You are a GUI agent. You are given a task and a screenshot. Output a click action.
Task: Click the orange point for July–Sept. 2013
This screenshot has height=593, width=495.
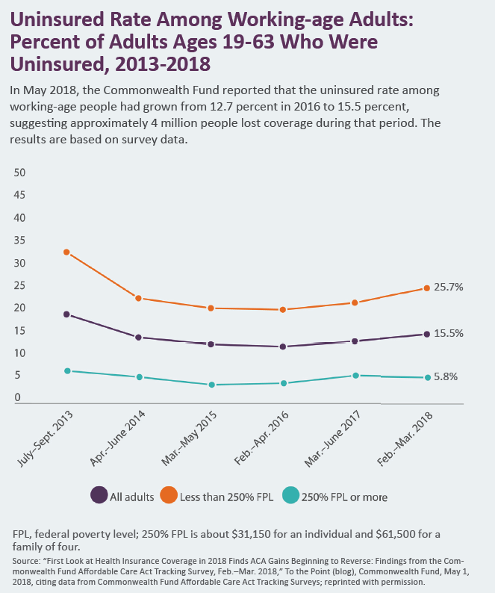[67, 252]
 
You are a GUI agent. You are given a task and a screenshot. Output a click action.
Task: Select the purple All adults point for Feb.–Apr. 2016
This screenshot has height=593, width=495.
[283, 347]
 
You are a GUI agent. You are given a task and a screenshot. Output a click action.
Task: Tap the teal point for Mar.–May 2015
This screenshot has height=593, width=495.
[212, 385]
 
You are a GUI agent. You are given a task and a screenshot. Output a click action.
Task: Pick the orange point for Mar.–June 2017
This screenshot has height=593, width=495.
[355, 302]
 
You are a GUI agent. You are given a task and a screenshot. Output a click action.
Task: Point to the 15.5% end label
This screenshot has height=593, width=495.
[449, 334]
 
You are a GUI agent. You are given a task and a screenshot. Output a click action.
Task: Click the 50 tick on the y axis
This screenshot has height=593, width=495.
[20, 173]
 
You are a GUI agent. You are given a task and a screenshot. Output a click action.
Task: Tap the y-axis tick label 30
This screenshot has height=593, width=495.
[20, 263]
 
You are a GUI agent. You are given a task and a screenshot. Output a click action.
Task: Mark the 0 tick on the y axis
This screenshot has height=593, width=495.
[17, 398]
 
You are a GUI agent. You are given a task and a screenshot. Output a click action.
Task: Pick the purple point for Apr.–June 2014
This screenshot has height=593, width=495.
[139, 338]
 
